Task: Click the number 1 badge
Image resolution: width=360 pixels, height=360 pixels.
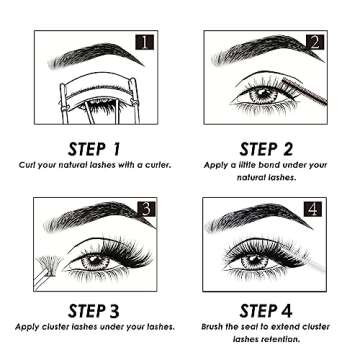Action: point(145,43)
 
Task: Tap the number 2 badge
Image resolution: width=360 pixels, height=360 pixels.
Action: point(313,43)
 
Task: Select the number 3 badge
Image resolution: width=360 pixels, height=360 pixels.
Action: point(144,209)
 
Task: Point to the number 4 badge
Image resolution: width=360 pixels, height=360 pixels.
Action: point(313,209)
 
